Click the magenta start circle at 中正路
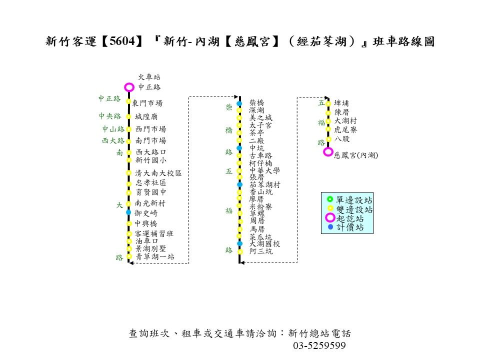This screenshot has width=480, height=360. (129, 87)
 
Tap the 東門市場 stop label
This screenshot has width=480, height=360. (147, 103)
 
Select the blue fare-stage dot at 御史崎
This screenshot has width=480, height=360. (128, 212)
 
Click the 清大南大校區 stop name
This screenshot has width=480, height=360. (158, 173)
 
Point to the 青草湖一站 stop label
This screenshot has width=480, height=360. (155, 256)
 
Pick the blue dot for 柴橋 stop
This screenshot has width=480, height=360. (239, 103)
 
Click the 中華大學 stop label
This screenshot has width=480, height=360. (265, 170)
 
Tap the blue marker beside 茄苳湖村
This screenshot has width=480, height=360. (240, 184)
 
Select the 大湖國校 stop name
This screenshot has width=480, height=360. (265, 243)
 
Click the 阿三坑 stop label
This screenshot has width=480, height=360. (261, 251)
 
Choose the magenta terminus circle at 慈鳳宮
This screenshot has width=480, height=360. (328, 152)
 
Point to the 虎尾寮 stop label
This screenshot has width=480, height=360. (345, 130)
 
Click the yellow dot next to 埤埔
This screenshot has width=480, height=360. (328, 103)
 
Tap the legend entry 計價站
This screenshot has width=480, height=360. (350, 227)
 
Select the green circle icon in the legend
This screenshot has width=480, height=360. (329, 199)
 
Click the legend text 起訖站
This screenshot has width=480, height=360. (350, 218)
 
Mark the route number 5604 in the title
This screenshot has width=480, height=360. (122, 41)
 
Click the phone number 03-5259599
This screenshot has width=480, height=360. (319, 345)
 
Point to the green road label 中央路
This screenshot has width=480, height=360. (110, 116)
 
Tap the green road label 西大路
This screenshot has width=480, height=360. (113, 140)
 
